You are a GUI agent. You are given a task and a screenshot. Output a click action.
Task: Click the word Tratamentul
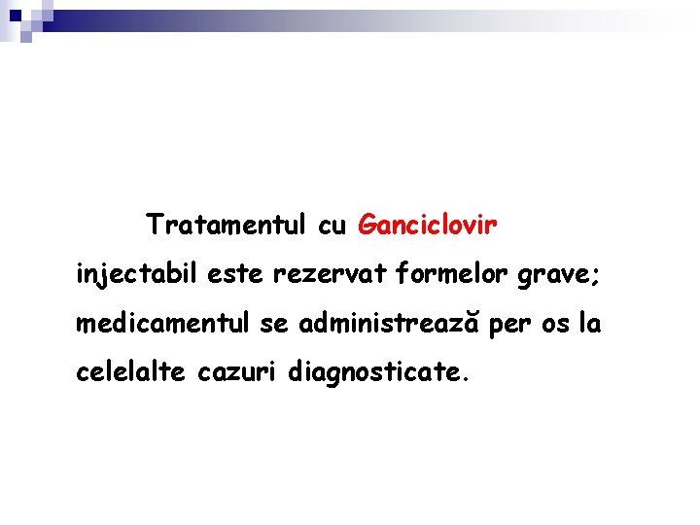click(x=227, y=226)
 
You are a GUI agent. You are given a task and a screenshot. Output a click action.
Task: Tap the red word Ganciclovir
click(x=428, y=226)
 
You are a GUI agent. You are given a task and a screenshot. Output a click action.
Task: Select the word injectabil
click(x=137, y=275)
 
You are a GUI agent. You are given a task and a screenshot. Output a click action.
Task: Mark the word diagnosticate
click(x=373, y=371)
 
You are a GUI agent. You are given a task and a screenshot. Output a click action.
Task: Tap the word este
click(x=237, y=275)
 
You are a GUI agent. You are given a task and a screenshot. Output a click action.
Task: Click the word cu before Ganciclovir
click(x=332, y=227)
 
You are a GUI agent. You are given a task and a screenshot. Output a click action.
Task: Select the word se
click(x=275, y=324)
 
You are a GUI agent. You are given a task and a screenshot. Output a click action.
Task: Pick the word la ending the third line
click(x=590, y=323)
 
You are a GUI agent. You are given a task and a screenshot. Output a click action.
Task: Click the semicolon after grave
click(x=596, y=278)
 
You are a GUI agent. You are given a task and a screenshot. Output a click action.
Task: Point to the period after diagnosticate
click(x=466, y=379)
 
